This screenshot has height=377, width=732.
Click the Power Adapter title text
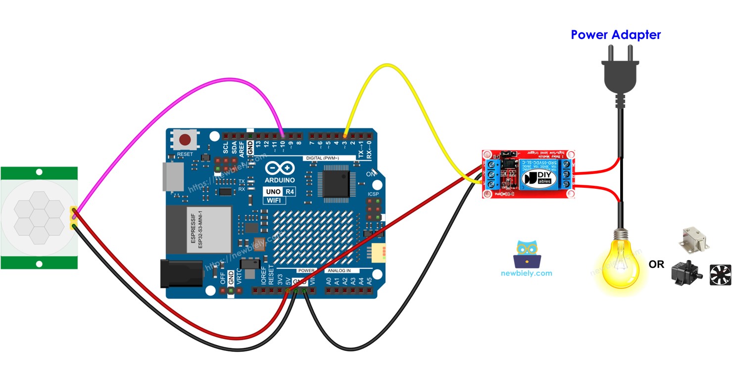click(x=615, y=35)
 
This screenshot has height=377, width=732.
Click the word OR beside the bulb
click(x=656, y=265)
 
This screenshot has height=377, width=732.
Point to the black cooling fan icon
click(x=720, y=275)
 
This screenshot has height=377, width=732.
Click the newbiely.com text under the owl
click(x=526, y=273)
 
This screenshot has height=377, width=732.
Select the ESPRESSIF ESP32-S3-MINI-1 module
click(x=198, y=231)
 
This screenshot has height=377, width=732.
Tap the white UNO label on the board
click(x=272, y=191)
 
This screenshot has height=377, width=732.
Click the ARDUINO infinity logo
click(x=280, y=168)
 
